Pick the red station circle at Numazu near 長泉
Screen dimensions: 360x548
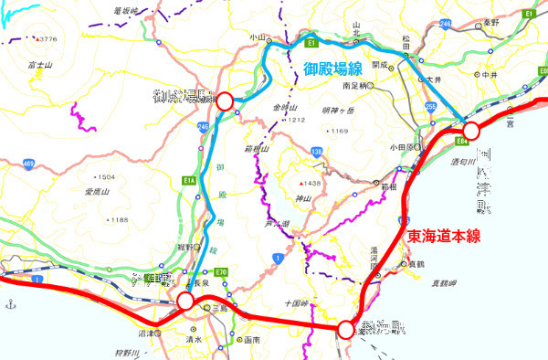(185, 301)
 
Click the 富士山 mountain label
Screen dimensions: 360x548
(37, 66)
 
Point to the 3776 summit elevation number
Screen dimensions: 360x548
(47, 39)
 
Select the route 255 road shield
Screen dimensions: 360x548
(429, 107)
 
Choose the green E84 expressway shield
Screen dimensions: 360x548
(461, 142)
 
